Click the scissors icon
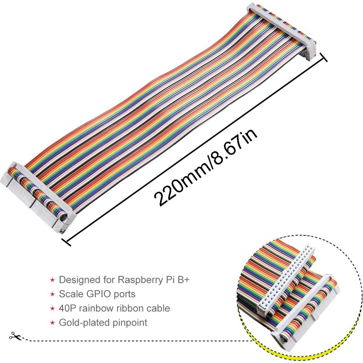pyautogui.click(x=14, y=336)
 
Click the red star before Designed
pyautogui.click(x=53, y=280)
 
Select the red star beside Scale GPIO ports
pyautogui.click(x=53, y=294)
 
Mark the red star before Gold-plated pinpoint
pyautogui.click(x=53, y=322)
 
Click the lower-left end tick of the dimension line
pyautogui.click(x=66, y=241)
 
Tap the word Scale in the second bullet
pyautogui.click(x=71, y=294)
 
